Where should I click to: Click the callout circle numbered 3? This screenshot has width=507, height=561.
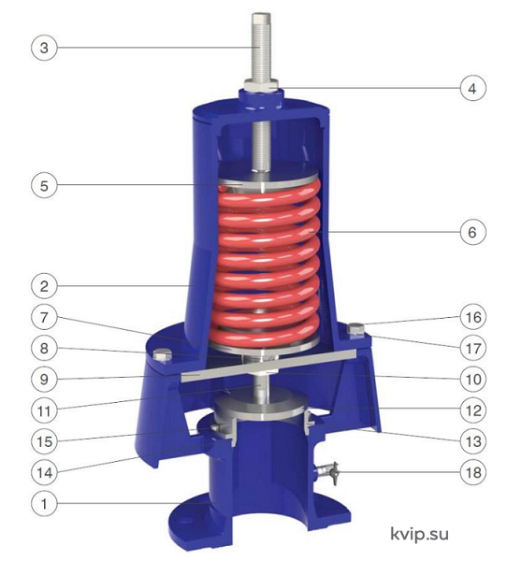44,48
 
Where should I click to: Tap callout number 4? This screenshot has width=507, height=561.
472,88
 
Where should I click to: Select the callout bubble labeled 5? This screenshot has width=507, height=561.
44,186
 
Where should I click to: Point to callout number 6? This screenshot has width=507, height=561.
472,232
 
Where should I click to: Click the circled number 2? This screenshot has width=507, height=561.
44,286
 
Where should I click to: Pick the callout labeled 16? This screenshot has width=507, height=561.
472,317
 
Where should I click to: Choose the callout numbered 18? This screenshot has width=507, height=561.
472,472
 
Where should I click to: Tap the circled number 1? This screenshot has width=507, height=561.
44,504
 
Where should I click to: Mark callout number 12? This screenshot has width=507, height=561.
472,410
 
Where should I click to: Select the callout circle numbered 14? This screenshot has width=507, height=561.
44,472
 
